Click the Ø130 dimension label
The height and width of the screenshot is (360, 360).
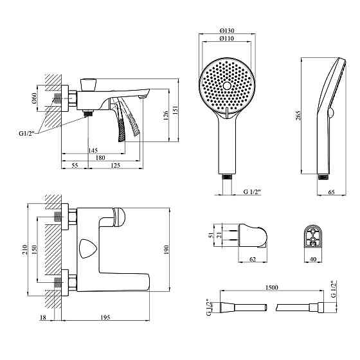pyautogui.click(x=226, y=31)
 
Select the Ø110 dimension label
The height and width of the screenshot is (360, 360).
pyautogui.click(x=226, y=39)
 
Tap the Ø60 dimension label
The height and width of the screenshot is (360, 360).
pyautogui.click(x=34, y=98)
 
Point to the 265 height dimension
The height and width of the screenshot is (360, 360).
pyautogui.click(x=298, y=115)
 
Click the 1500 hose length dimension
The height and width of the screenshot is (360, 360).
pyautogui.click(x=271, y=287)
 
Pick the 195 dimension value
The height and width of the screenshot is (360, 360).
pyautogui.click(x=105, y=318)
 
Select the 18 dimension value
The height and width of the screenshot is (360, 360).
pyautogui.click(x=43, y=318)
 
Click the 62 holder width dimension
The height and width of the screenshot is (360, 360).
pyautogui.click(x=252, y=259)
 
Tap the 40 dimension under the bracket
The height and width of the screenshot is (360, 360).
pyautogui.click(x=313, y=259)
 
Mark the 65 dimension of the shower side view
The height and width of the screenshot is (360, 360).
pyautogui.click(x=331, y=192)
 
